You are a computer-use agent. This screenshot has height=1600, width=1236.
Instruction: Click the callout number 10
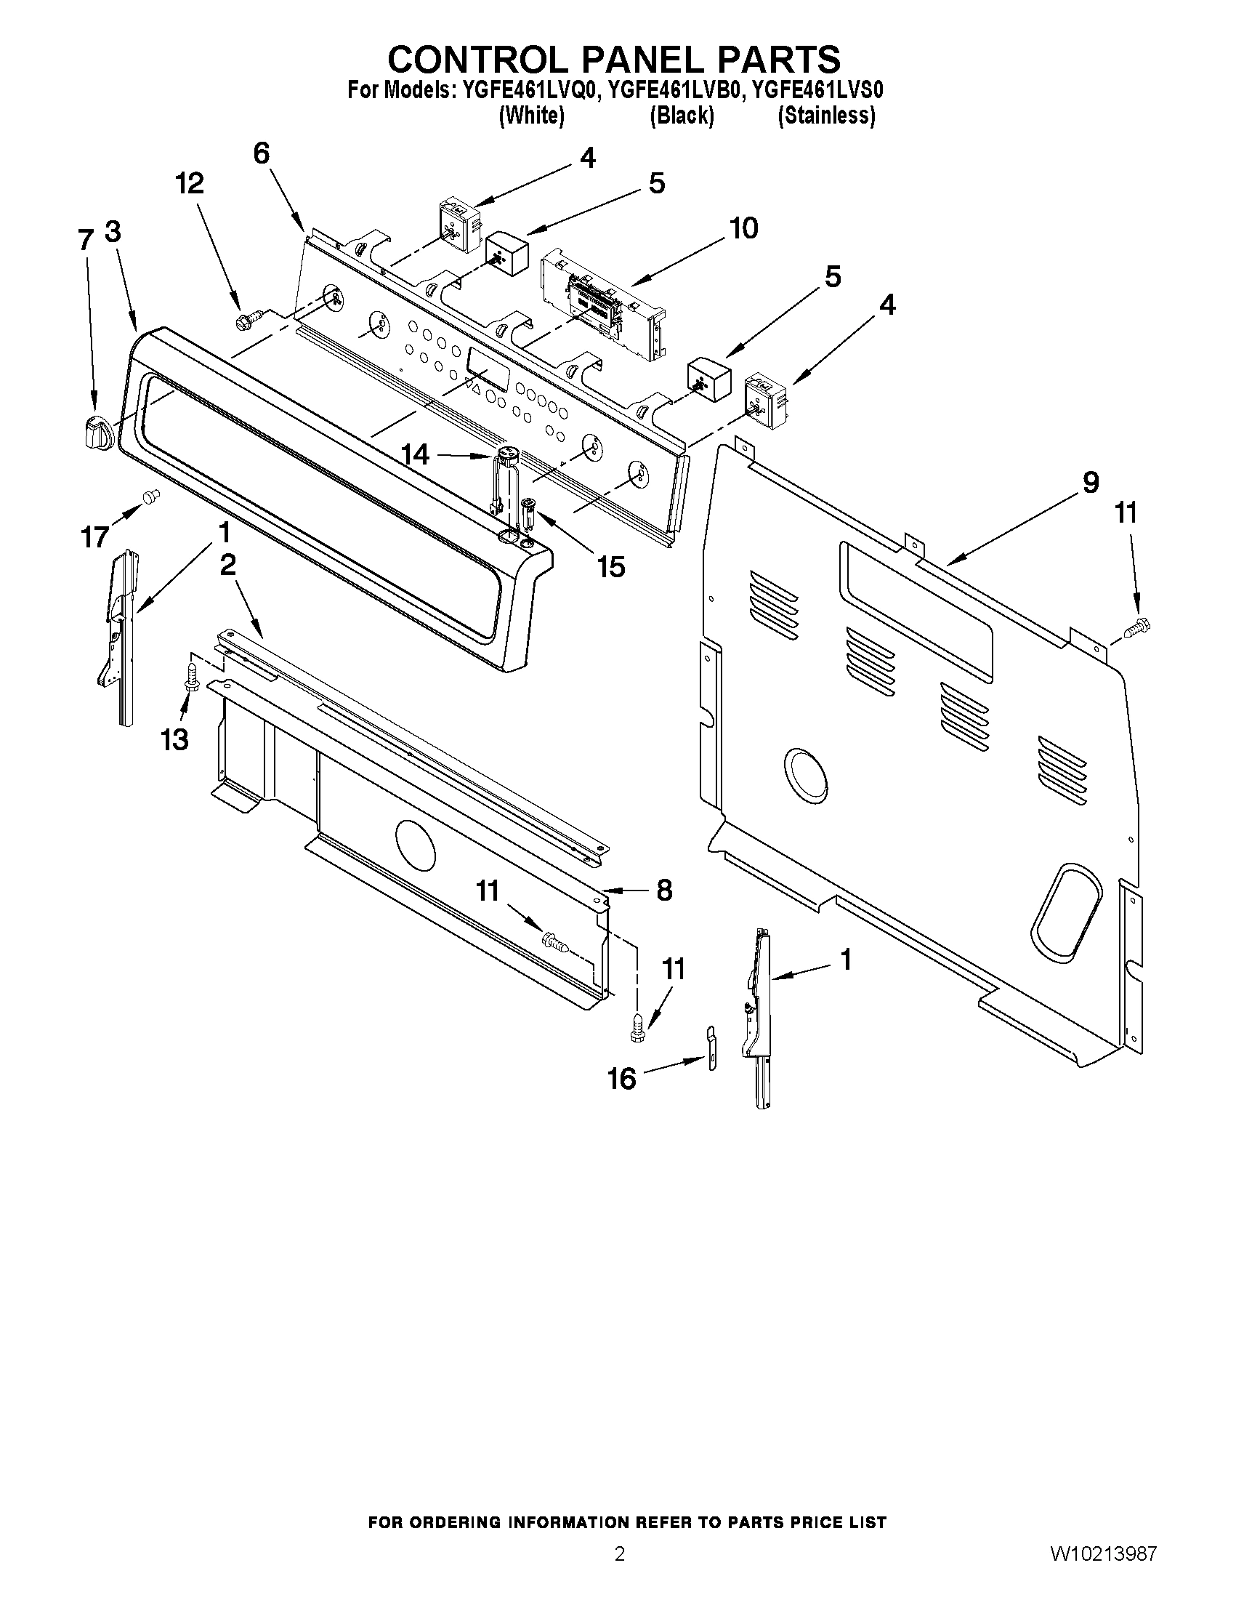743,228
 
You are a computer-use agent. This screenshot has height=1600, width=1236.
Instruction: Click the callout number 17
95,537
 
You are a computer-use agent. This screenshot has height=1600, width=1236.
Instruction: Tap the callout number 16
622,1078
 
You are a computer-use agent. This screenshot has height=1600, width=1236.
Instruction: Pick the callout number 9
1090,483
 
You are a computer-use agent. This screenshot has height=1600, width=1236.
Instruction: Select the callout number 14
415,455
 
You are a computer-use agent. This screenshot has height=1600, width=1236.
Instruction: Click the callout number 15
611,566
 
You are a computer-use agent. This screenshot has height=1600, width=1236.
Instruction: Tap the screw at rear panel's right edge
1136,627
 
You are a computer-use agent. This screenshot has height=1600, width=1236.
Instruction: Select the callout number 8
663,890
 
